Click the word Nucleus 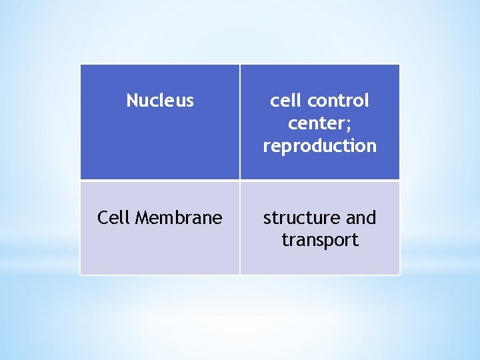click(160, 101)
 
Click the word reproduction click(320, 146)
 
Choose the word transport click(320, 240)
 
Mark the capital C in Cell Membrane click(103, 218)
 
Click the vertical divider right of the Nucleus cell click(239, 122)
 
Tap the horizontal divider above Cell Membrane click(160, 180)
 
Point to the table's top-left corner click(81, 65)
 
